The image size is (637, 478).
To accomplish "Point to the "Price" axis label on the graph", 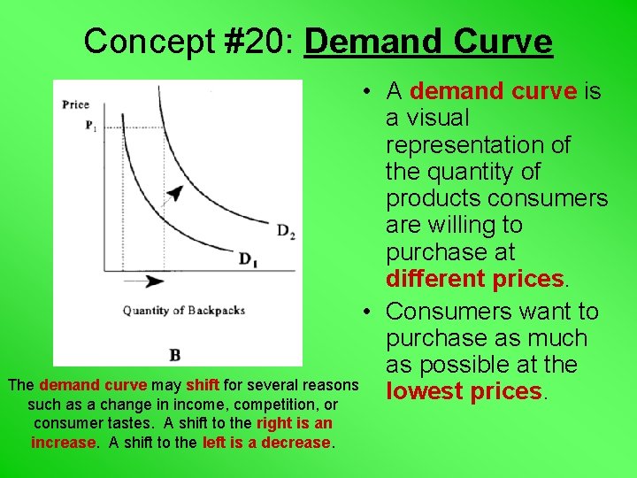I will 76,104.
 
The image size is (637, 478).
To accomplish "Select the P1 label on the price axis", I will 90,126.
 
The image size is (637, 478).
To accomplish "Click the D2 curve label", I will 285,231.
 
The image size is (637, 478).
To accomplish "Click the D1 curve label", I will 249,258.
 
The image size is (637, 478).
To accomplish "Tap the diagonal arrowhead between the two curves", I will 175,193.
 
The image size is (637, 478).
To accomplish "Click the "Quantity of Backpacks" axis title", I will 183,310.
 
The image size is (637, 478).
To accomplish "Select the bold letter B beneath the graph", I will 174,354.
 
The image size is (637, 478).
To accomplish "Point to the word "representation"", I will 478,144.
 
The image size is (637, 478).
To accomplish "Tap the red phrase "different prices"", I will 474,279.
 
